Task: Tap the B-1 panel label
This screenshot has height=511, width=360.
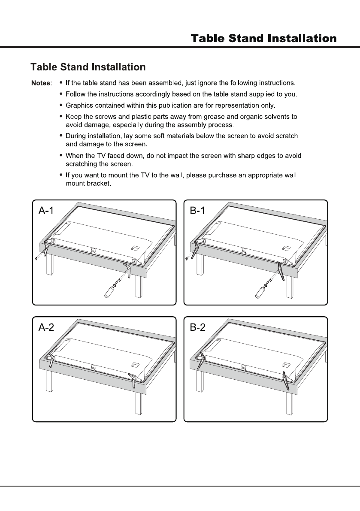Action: point(198,211)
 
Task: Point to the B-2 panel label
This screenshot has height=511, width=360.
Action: point(198,328)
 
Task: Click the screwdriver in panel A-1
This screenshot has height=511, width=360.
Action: point(110,290)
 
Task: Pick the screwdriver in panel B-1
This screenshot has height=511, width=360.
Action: point(261,290)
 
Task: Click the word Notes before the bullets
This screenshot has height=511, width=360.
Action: point(41,82)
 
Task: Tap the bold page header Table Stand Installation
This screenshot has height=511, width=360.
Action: point(263,39)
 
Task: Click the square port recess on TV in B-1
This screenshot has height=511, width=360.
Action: point(285,248)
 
